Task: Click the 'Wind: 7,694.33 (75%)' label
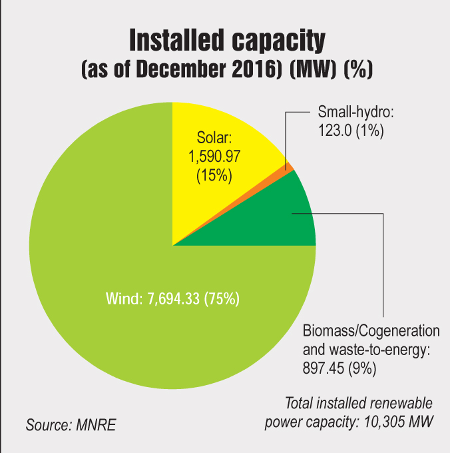coord(172,298)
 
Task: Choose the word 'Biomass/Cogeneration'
coord(371,331)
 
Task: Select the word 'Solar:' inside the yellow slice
coord(214,139)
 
